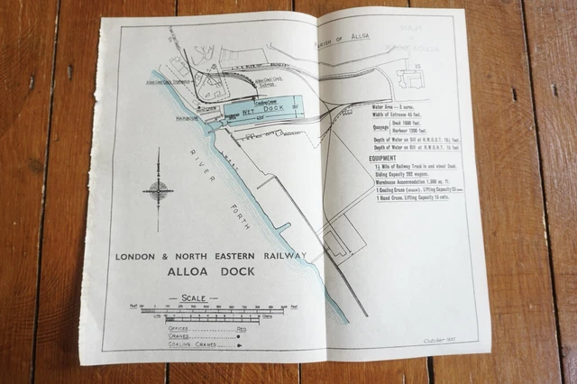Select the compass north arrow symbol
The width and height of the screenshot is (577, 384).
pyautogui.click(x=159, y=190)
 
